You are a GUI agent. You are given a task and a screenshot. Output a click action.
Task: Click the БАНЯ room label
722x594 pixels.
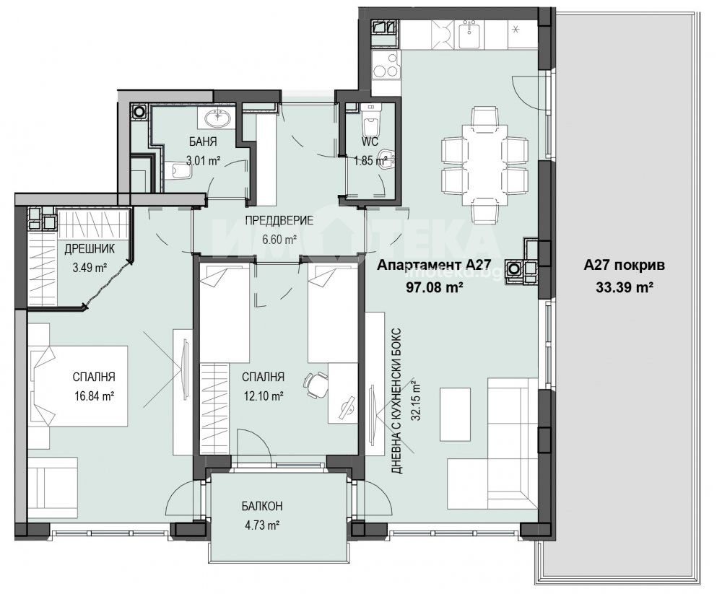pos(203,141)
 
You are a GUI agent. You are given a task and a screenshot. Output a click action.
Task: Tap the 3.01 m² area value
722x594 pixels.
pos(203,161)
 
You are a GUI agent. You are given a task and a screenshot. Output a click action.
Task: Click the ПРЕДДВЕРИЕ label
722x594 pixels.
pos(279,220)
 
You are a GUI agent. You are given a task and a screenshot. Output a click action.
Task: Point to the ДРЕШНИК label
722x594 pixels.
pos(90,249)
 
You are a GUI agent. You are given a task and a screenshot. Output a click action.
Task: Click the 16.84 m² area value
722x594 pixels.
pos(94,396)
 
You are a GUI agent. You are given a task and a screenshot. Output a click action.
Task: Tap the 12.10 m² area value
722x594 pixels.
pos(263,396)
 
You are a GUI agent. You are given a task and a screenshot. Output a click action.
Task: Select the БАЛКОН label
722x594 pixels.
pos(262,507)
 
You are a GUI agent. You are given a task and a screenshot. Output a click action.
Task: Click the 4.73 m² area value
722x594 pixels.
pos(262,525)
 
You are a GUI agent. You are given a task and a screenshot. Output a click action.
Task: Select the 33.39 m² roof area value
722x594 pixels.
pos(625,287)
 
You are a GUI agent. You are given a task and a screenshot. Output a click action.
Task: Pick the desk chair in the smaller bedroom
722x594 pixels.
pos(315,385)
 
